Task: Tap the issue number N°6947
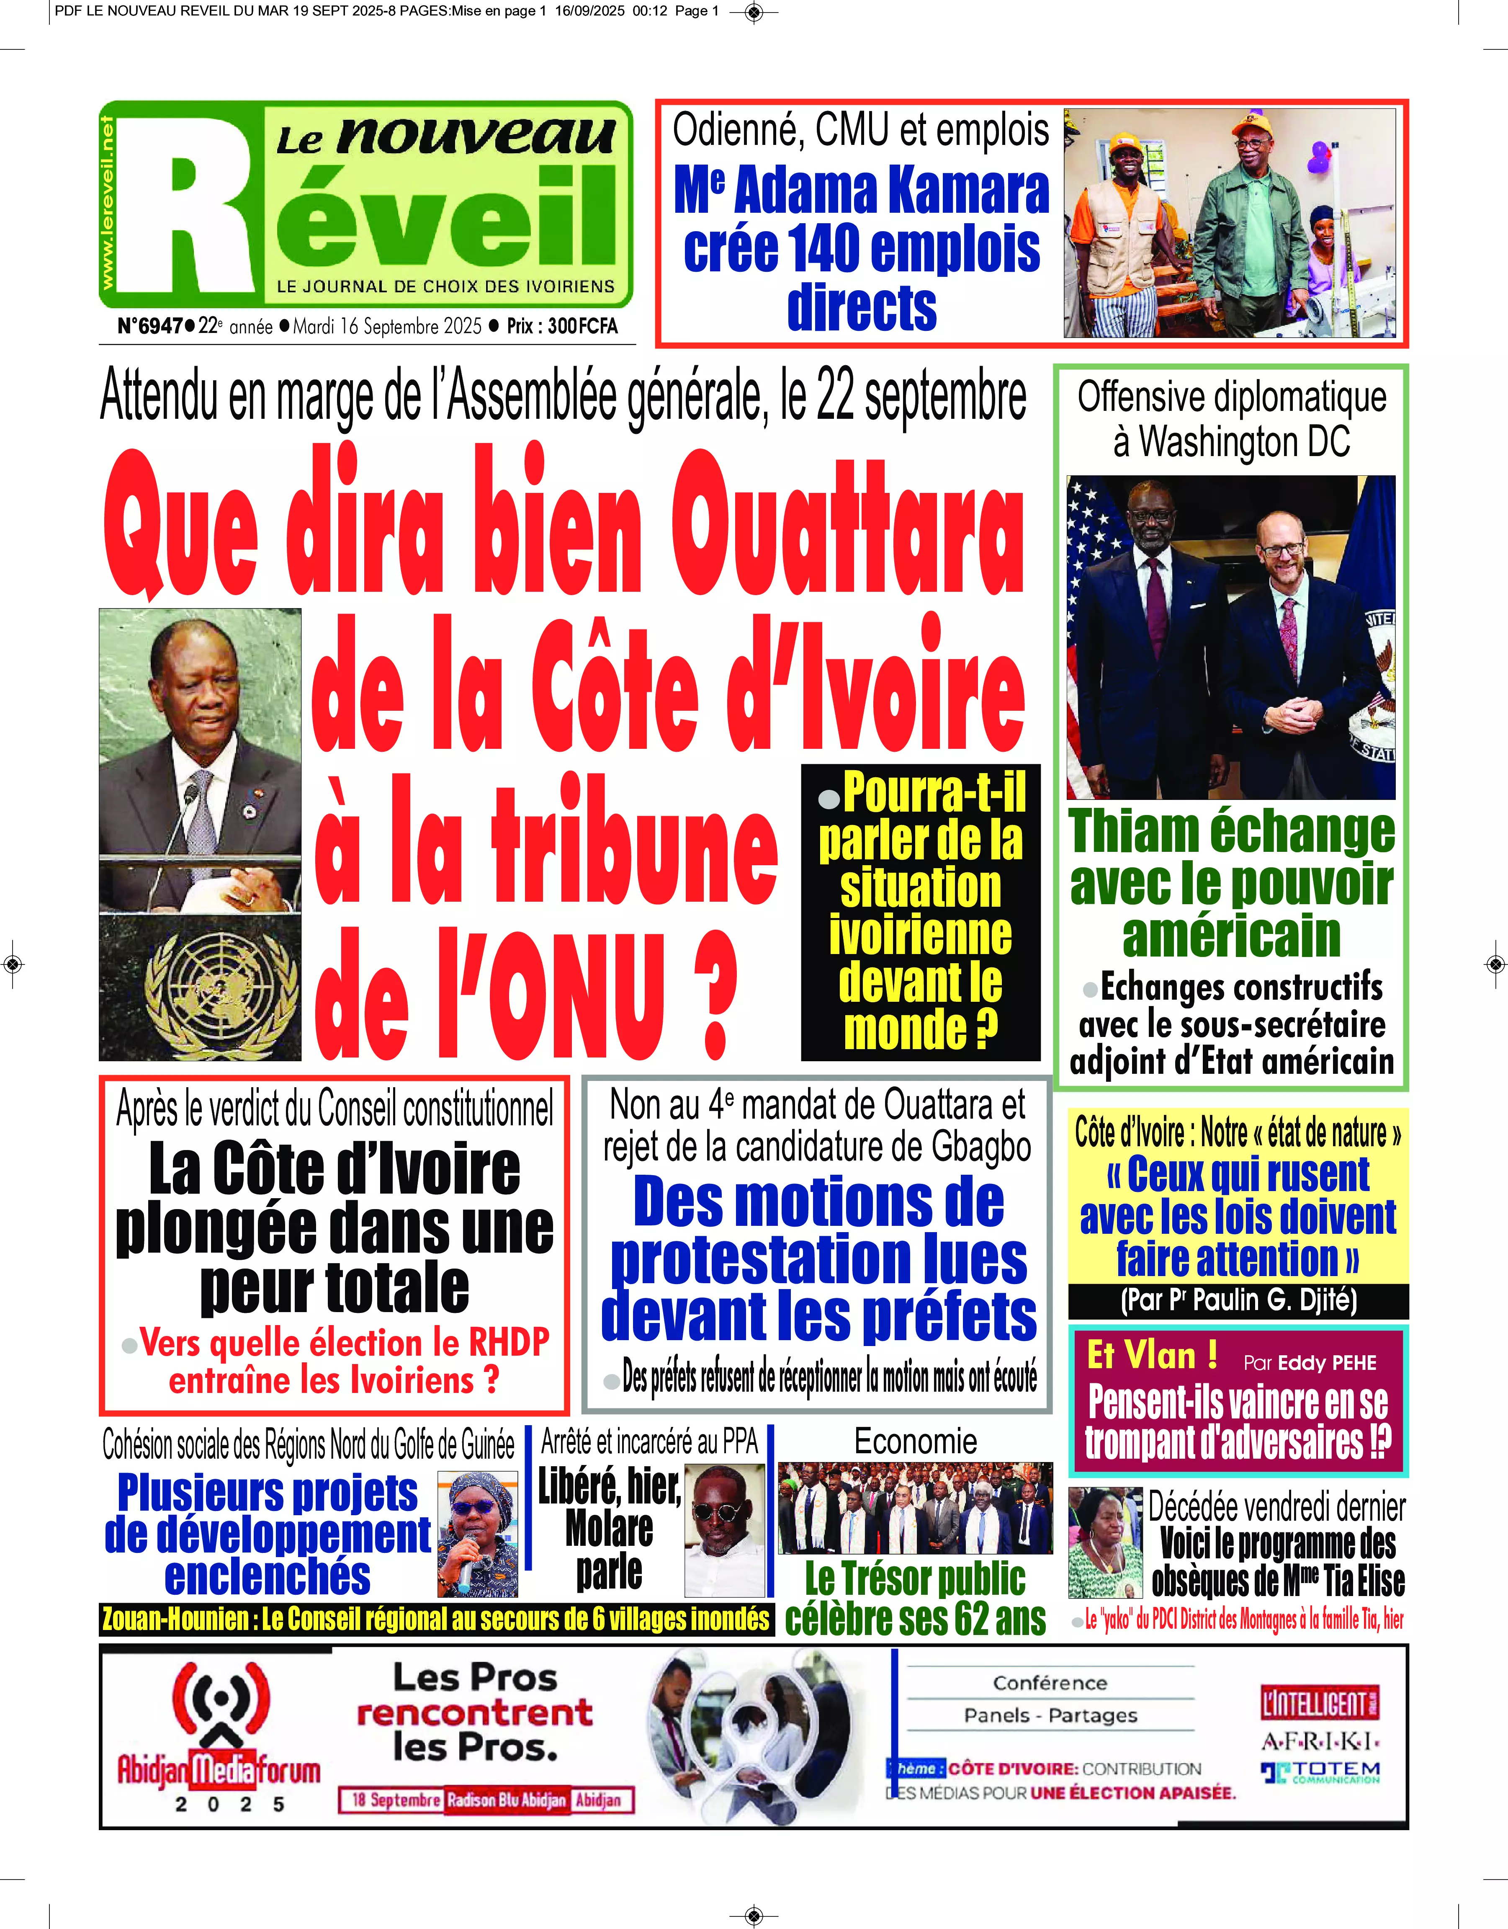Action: click(150, 326)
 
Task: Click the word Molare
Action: click(609, 1528)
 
